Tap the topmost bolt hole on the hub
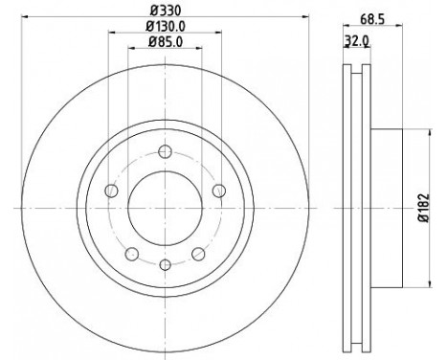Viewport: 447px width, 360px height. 165,149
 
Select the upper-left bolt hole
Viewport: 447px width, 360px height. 113,192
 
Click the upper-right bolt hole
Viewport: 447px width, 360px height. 216,192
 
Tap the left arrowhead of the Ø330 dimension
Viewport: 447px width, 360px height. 20,17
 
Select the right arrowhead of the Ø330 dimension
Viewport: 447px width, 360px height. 309,17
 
